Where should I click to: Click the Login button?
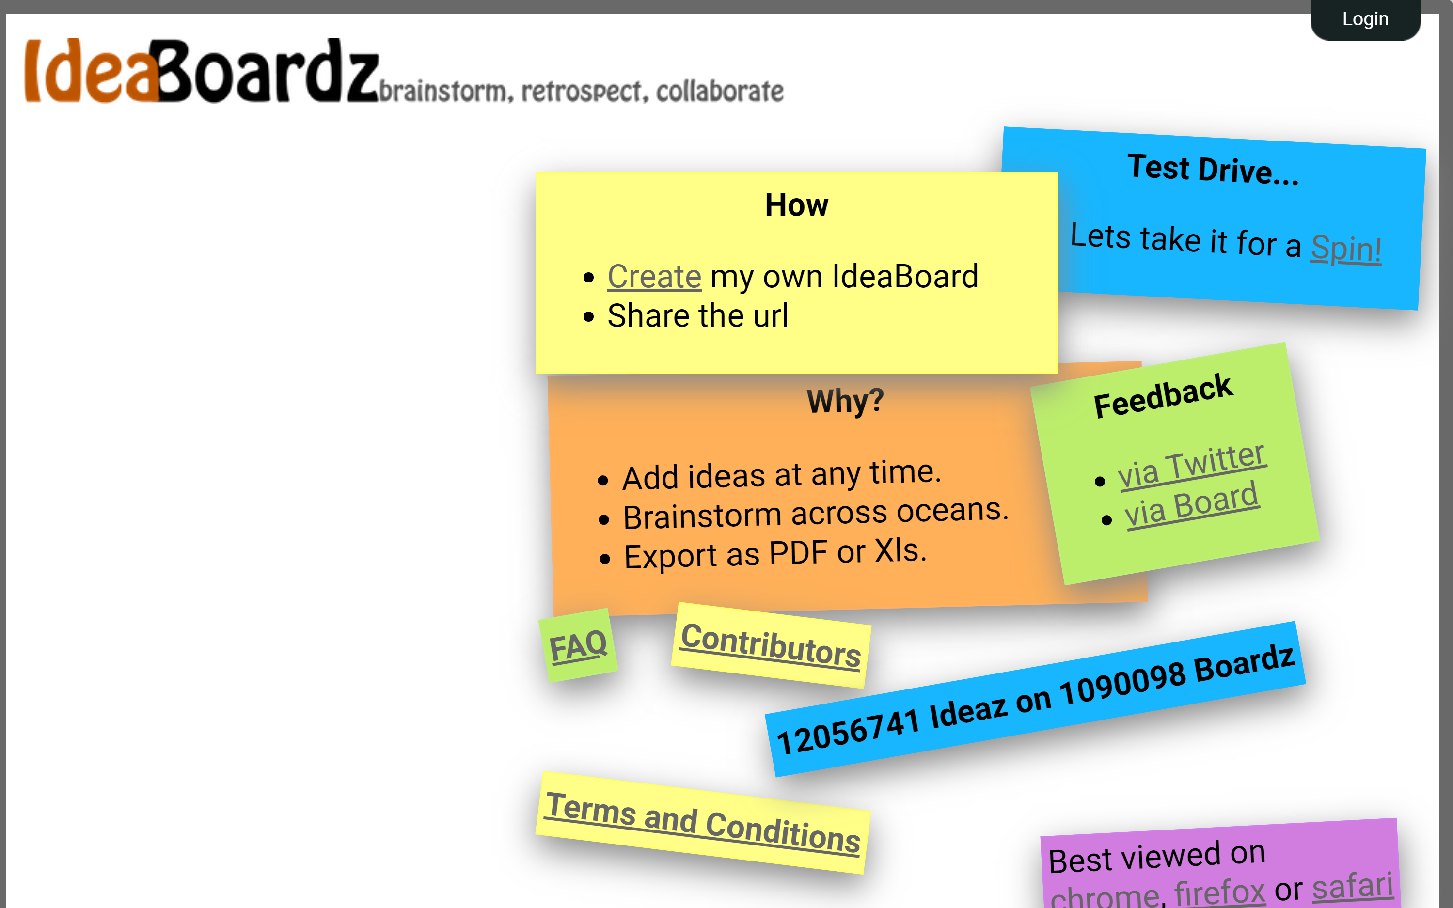pyautogui.click(x=1365, y=19)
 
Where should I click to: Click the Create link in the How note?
pyautogui.click(x=654, y=277)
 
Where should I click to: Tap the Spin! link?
pyautogui.click(x=1345, y=249)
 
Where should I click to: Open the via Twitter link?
pyautogui.click(x=1191, y=466)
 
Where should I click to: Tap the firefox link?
pyautogui.click(x=1219, y=892)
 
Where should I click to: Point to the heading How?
pyautogui.click(x=796, y=205)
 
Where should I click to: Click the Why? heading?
pyautogui.click(x=845, y=401)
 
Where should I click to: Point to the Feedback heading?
pyautogui.click(x=1163, y=396)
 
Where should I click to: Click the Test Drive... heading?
pyautogui.click(x=1213, y=170)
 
